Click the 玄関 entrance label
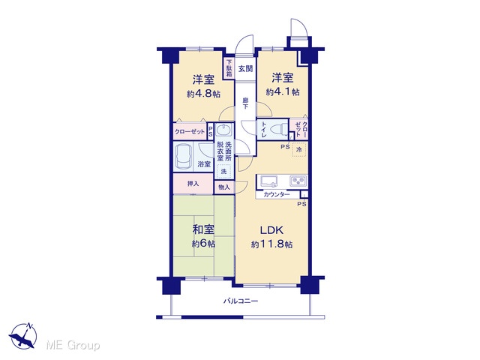(x=245, y=69)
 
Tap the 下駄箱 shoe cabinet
(x=229, y=68)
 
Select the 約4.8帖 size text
(x=203, y=93)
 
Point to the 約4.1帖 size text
(x=283, y=91)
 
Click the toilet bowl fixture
(x=280, y=129)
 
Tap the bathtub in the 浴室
(x=183, y=156)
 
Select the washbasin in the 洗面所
(x=223, y=130)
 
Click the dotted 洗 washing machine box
(x=223, y=172)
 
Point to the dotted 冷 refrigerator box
(x=299, y=150)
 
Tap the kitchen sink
(x=268, y=181)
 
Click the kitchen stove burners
(x=298, y=181)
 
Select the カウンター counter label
(x=277, y=194)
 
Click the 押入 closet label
(x=193, y=184)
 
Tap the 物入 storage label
(x=224, y=187)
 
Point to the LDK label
(x=271, y=230)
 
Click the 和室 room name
(x=203, y=229)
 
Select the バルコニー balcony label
(x=241, y=301)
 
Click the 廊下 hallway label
(x=245, y=103)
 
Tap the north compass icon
(x=23, y=335)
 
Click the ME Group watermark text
(x=73, y=345)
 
